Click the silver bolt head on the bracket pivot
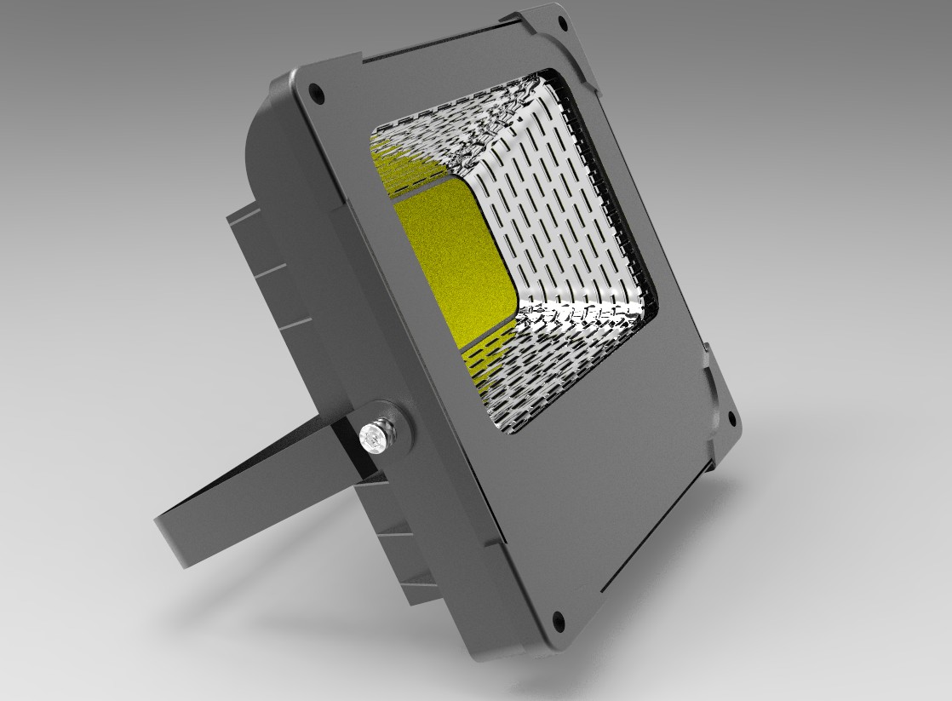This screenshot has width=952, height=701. [372, 437]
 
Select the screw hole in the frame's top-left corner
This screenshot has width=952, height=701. [317, 90]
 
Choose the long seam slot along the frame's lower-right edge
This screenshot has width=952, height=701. [656, 528]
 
